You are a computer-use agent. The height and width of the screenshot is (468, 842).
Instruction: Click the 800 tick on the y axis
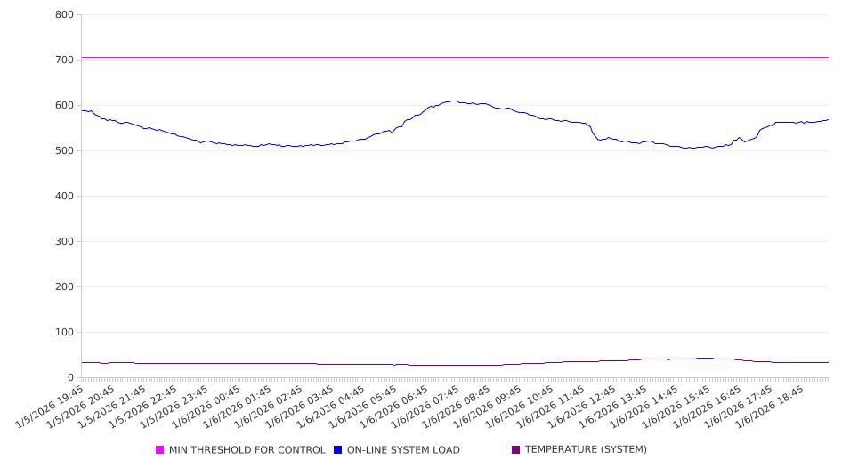point(64,15)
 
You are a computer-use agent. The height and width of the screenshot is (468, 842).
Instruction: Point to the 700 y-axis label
point(64,61)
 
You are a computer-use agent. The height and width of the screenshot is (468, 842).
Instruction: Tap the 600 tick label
point(64,106)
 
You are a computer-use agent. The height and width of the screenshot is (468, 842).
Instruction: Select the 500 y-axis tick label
point(64,151)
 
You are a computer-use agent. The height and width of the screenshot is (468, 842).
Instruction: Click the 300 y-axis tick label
point(64,242)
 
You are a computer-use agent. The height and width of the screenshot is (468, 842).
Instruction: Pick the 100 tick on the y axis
point(64,333)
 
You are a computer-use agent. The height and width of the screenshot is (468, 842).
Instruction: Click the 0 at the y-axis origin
point(70,378)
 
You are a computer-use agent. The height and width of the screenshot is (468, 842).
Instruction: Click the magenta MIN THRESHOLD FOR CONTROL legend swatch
point(160,450)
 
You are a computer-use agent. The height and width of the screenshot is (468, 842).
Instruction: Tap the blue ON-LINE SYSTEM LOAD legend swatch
point(338,450)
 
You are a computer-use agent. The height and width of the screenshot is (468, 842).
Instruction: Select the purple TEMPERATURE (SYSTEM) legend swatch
point(516,450)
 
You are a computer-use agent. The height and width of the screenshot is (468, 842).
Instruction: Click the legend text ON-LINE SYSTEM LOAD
point(403,450)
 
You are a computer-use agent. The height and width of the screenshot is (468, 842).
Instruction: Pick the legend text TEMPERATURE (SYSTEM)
point(586,450)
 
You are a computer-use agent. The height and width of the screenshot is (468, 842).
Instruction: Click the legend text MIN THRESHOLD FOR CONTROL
point(247,450)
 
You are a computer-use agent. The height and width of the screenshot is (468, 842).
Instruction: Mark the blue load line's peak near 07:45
point(454,101)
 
